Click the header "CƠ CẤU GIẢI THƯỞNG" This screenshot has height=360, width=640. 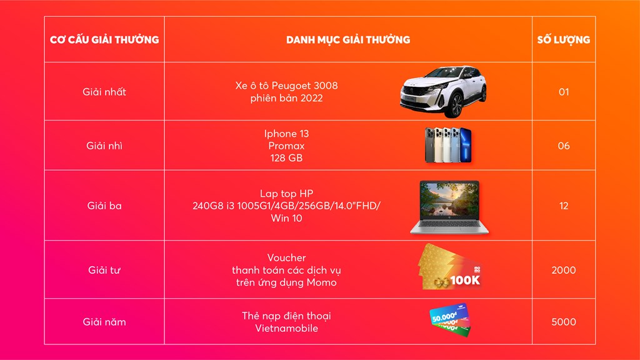[x=104, y=39]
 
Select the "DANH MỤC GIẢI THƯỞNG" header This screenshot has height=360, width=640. [x=348, y=39]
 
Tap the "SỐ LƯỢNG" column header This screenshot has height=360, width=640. [x=564, y=39]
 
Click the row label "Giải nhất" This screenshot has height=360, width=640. [x=104, y=92]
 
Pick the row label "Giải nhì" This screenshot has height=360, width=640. [x=104, y=146]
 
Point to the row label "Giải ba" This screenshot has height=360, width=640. [x=104, y=206]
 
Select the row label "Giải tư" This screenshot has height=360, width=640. [x=104, y=270]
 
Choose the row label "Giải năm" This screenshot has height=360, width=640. [x=104, y=322]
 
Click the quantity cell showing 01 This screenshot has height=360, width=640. [x=564, y=92]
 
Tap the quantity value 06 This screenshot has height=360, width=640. [x=564, y=146]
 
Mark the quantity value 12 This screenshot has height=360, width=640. [x=564, y=206]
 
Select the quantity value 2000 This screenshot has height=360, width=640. [x=564, y=270]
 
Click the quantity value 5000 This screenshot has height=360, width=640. [x=564, y=322]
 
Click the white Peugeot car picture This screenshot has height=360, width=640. [x=444, y=91]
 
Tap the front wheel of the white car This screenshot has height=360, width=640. [x=456, y=105]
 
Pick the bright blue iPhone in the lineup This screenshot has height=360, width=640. [x=465, y=145]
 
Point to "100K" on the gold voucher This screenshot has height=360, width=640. [x=465, y=281]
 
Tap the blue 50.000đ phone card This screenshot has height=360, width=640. [x=449, y=314]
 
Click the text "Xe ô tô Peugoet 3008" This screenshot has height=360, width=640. [x=286, y=86]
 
